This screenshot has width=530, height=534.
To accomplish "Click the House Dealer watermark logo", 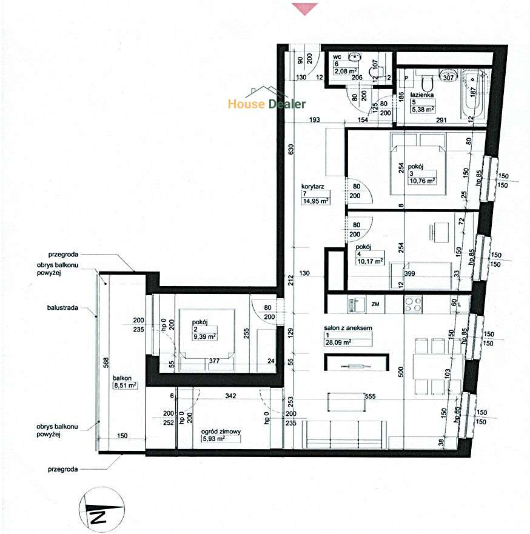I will [x=267, y=104].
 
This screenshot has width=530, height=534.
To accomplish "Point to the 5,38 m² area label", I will [x=422, y=110].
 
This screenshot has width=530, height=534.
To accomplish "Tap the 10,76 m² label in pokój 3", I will [x=422, y=181].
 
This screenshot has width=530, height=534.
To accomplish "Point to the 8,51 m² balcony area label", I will [x=125, y=384].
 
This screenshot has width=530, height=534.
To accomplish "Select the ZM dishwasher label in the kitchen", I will [x=376, y=304].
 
